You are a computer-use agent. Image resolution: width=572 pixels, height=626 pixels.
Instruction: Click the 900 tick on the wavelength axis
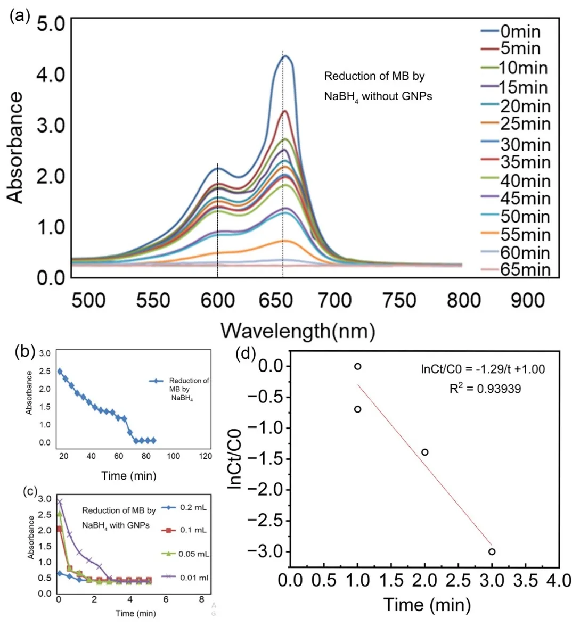point(528,301)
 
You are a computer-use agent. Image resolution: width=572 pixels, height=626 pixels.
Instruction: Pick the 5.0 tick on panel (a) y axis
point(51,24)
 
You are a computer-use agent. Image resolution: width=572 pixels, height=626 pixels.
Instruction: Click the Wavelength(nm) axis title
point(298,331)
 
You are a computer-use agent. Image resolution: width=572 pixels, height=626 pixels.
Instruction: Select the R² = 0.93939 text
point(485,389)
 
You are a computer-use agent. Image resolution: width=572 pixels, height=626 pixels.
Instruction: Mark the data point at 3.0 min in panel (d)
point(492,551)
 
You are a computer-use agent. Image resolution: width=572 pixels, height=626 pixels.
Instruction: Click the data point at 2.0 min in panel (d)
point(425,452)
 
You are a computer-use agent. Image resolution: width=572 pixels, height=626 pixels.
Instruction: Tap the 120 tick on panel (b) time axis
point(205,456)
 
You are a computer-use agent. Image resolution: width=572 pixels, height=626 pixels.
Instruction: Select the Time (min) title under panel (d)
point(427,604)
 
